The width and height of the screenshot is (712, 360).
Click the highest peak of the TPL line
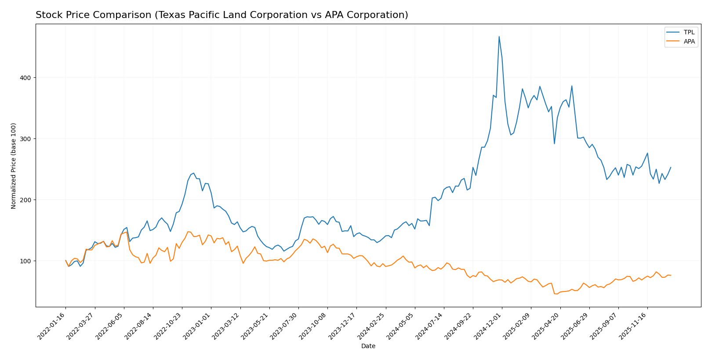point(499,36)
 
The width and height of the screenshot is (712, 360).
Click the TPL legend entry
point(689,32)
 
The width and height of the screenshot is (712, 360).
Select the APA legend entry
point(689,41)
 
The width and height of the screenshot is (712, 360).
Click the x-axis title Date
point(368,346)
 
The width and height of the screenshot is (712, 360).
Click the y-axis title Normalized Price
point(14,166)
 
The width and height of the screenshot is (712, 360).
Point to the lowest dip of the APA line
point(556,294)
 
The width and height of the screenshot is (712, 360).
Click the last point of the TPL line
point(671,167)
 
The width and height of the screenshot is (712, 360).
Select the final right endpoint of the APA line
point(671,275)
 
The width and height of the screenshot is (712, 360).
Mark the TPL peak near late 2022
point(193,173)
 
